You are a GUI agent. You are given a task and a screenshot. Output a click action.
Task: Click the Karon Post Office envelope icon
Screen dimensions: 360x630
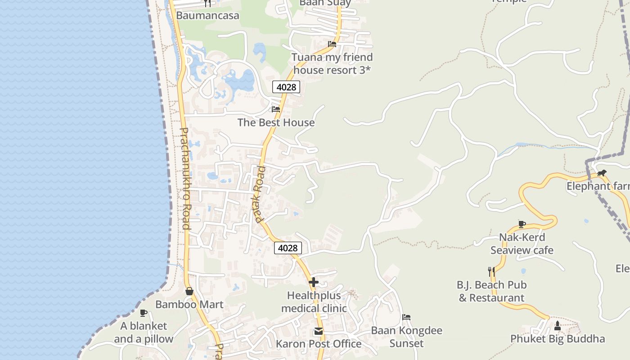coord(319,332)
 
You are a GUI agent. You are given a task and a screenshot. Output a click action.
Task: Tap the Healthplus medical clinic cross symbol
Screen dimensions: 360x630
coord(314,283)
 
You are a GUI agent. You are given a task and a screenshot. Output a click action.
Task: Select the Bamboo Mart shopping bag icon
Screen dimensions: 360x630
coord(189,291)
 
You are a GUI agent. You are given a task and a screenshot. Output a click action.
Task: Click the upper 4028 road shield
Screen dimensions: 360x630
coord(286,87)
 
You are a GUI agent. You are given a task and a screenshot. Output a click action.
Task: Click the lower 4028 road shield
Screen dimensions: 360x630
coord(288,248)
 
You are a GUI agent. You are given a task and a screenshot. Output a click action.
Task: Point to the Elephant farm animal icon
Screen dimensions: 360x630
coord(602,173)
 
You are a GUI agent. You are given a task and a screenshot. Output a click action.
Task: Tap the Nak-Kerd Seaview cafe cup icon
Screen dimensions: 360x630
coord(522,224)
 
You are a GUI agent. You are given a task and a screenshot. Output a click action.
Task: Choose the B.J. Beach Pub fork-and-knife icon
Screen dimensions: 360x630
coord(491,271)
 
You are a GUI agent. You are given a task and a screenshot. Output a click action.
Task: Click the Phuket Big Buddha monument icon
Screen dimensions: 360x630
coord(558,325)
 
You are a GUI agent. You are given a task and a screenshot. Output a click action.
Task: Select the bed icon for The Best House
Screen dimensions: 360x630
coord(276,109)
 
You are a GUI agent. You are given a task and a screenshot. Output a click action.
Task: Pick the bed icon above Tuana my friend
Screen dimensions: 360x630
coord(332,44)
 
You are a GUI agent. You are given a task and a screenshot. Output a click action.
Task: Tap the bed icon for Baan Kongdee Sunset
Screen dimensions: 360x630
coord(406,317)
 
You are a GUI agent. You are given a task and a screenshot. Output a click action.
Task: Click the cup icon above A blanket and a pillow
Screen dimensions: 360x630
coord(144,313)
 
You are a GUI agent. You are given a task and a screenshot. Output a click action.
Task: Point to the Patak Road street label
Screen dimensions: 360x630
coord(260,194)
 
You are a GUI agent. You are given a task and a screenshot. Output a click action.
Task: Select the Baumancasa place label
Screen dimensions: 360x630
coord(207,15)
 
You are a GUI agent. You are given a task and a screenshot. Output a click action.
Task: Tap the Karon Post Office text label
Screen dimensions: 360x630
coord(319,344)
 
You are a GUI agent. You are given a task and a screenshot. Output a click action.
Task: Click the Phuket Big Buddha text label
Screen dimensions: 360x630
coord(558,339)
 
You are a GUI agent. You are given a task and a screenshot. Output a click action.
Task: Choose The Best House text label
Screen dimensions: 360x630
coord(276,122)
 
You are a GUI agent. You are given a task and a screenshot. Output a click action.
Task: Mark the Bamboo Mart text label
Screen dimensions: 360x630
coord(189,305)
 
